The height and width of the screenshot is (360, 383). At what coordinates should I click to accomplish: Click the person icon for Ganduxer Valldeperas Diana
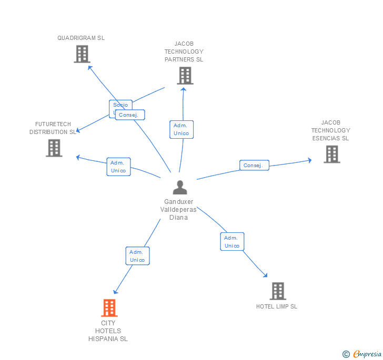(x=180, y=187)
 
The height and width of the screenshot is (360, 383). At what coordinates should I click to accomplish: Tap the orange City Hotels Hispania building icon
(x=109, y=308)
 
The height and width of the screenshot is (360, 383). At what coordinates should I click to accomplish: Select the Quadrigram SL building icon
(x=82, y=54)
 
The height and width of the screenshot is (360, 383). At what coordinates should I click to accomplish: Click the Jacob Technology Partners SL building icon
(x=185, y=76)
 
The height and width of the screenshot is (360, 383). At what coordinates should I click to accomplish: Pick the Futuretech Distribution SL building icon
(x=54, y=148)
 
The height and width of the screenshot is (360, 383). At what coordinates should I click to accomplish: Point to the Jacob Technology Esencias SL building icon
(x=331, y=154)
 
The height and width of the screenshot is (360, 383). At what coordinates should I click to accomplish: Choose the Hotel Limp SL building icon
(x=277, y=291)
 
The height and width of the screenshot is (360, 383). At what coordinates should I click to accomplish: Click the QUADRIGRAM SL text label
(x=81, y=38)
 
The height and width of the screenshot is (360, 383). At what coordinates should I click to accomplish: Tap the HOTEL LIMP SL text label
(x=277, y=306)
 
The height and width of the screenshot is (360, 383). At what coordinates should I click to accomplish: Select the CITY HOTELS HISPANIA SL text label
(x=108, y=331)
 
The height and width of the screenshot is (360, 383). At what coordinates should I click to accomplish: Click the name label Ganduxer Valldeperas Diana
(x=178, y=210)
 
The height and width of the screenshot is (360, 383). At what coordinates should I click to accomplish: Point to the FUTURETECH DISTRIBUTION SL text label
(x=53, y=128)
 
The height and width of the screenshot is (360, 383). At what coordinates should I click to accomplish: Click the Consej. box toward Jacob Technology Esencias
(x=254, y=166)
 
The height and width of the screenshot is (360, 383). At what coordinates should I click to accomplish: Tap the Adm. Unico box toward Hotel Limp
(x=232, y=242)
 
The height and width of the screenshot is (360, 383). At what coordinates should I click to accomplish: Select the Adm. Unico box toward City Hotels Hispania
(x=137, y=256)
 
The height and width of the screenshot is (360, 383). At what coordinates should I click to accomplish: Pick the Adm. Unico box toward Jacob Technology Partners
(x=182, y=129)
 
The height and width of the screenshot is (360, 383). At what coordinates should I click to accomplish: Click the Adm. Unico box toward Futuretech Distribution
(x=118, y=167)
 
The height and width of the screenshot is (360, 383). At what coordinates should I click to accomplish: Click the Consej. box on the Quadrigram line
(x=129, y=115)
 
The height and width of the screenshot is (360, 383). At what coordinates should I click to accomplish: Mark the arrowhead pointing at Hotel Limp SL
(x=265, y=275)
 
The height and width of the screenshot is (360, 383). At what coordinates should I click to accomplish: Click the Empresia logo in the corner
(x=362, y=354)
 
